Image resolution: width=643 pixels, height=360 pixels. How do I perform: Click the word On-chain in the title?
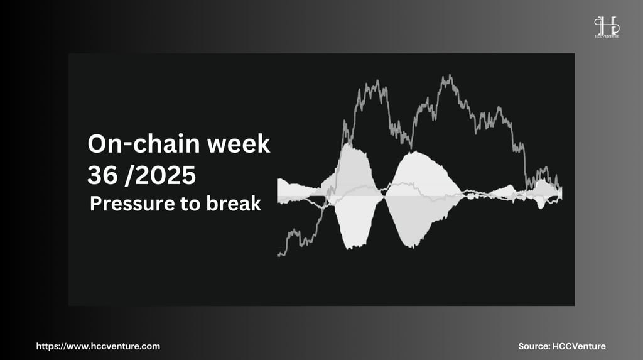[144, 144]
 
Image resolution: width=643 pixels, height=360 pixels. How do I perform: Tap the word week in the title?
[239, 144]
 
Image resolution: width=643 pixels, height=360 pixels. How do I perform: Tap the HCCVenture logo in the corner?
[607, 27]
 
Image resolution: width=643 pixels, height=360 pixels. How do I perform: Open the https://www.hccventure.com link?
[98, 346]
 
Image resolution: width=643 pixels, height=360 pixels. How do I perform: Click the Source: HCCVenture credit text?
[562, 346]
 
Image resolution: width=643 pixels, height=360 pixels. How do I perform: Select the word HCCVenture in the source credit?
[579, 346]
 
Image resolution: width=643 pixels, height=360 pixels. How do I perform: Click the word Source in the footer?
[533, 346]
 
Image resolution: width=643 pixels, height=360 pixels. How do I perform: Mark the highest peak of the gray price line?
[450, 75]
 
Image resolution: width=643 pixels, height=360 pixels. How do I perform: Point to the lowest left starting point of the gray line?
[278, 255]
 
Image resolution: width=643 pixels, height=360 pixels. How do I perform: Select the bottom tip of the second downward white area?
[412, 247]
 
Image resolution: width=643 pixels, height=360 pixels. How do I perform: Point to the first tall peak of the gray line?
[377, 81]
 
